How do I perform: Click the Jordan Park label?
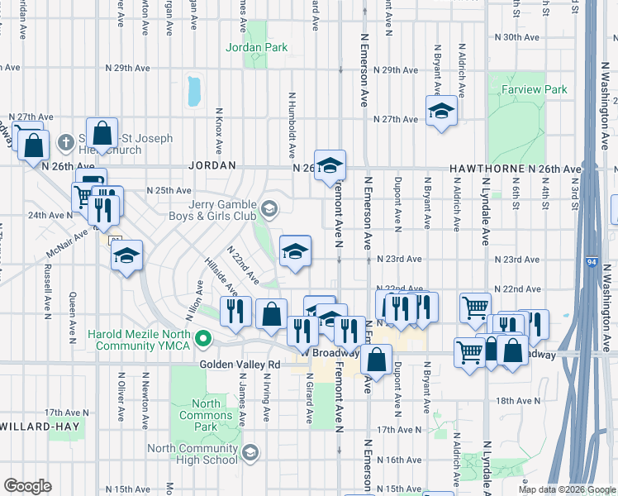coord(257,47)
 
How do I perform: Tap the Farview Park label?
coord(539,89)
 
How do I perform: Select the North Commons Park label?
coord(200,416)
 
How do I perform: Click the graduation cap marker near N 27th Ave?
coord(441,112)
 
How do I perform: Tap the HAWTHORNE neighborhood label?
coord(483,169)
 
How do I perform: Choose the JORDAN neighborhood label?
coord(207,165)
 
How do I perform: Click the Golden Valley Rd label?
coord(240,364)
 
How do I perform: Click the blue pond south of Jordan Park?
coord(194,91)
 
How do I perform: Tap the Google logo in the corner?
coord(26,485)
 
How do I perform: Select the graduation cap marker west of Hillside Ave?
coord(127,255)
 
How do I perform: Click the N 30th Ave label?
coord(516,37)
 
